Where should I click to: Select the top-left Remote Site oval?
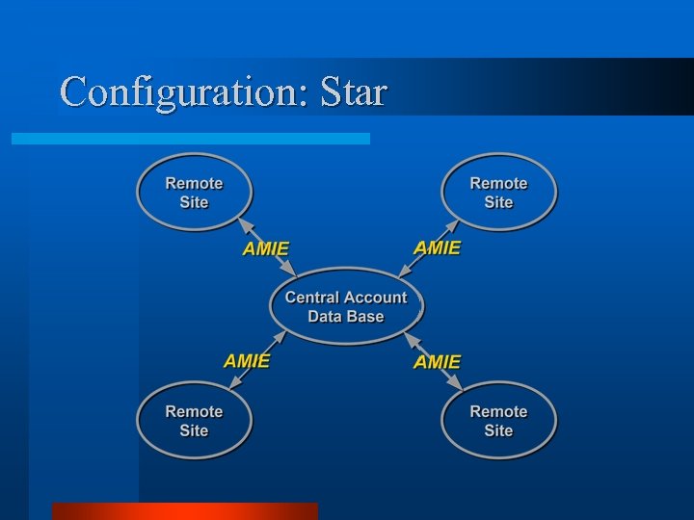[x=194, y=193]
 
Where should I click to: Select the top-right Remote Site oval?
[x=498, y=193]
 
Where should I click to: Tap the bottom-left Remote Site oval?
[x=194, y=421]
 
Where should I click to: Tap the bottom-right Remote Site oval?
[x=498, y=421]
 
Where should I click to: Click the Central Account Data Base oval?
[x=346, y=306]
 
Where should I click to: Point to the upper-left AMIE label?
[x=266, y=248]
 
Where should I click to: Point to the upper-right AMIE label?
[x=437, y=247]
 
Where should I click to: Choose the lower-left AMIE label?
[x=247, y=361]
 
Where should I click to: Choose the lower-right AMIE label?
[x=437, y=362]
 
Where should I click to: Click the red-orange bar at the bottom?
[x=184, y=511]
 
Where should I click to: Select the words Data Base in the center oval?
[x=346, y=317]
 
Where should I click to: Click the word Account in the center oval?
[x=375, y=298]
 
